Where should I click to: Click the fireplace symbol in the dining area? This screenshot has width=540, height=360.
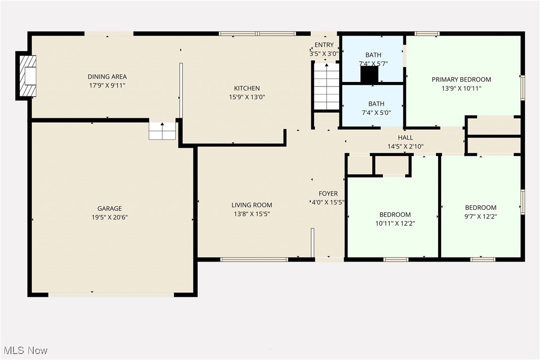pos(28,76)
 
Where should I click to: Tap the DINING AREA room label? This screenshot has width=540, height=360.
pos(107,77)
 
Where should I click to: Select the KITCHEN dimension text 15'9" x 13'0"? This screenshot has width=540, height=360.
pos(247,97)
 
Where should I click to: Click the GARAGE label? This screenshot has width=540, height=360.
pos(109,208)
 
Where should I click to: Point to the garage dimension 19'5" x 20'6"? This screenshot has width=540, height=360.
pos(109,217)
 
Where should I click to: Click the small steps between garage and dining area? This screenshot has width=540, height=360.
pos(163,131)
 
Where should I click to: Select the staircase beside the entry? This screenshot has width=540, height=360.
pos(326,87)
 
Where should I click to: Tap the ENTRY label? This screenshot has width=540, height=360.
pos(324,45)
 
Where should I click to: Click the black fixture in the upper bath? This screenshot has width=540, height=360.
pos(369,75)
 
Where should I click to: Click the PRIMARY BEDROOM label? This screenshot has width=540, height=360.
pos(461,80)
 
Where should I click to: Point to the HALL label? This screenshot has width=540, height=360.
pos(405,138)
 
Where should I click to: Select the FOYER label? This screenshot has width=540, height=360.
pos(328,193)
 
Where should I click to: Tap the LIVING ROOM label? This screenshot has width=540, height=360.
pos(252,205)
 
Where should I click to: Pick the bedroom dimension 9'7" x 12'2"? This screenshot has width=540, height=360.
pos(480,216)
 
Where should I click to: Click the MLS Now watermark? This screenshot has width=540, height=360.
pos(24,351)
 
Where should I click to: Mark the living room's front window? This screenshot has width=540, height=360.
pos(254,259)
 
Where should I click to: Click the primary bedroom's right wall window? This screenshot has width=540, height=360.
pos(522,88)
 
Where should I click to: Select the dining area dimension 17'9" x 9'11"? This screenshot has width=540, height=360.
pos(107,86)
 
